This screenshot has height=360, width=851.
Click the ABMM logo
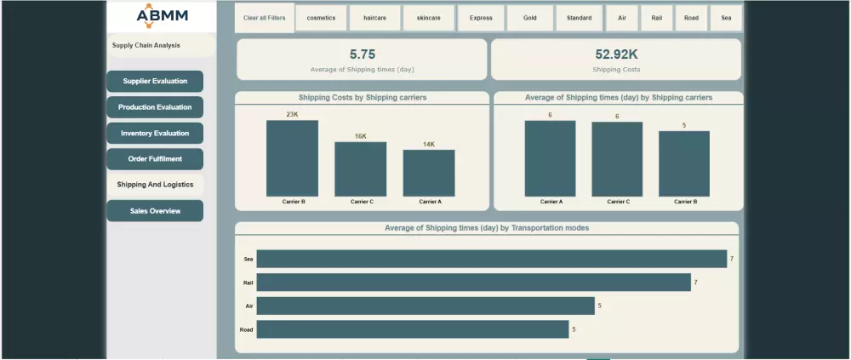click(163, 15)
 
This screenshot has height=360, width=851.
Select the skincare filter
click(429, 18)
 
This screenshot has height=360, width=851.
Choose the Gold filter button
click(529, 18)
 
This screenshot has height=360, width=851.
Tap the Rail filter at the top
click(657, 18)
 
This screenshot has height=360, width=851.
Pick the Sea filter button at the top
click(726, 18)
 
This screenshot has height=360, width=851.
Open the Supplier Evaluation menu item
click(155, 82)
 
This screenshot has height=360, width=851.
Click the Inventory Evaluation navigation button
click(155, 134)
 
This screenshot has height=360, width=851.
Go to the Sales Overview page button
click(155, 211)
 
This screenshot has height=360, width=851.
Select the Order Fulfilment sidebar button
click(155, 159)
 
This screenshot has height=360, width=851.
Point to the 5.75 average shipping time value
click(363, 54)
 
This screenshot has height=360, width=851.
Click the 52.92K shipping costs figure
click(617, 54)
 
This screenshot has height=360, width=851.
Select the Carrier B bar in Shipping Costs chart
click(292, 158)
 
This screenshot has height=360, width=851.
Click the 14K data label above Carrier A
click(429, 145)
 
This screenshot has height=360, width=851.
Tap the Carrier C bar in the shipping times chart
click(617, 159)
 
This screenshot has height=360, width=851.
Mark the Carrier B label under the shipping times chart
click(684, 202)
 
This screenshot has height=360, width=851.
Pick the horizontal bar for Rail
click(473, 283)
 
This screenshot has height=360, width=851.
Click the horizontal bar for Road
click(412, 329)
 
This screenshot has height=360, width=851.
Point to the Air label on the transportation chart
click(248, 306)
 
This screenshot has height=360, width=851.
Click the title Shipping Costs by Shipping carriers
click(363, 98)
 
